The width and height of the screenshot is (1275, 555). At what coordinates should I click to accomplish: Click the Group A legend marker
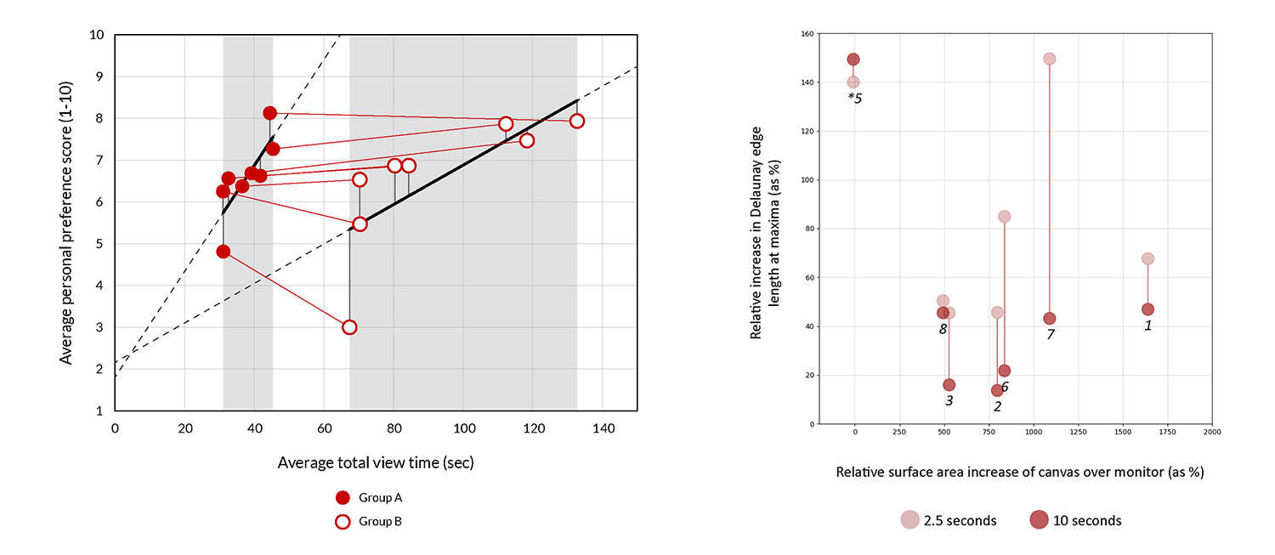coord(343,498)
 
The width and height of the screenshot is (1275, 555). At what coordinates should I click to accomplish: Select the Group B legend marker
coord(343,522)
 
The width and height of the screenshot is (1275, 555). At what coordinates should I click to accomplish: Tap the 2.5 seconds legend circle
coord(910,520)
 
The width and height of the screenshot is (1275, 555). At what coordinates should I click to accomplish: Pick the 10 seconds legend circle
coord(1039,520)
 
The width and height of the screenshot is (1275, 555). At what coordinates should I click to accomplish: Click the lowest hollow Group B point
coord(349,327)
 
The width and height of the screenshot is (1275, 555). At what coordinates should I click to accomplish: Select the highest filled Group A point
coord(270,113)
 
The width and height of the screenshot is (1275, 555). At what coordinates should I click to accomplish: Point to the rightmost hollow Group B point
coord(577,121)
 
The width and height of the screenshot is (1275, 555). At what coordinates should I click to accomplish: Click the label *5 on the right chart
coord(854,98)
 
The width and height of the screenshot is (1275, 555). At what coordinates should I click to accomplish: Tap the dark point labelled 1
coord(1147,309)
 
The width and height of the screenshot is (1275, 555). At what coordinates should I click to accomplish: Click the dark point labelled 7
coord(1050,319)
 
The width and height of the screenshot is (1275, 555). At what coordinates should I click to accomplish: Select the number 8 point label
coord(943,329)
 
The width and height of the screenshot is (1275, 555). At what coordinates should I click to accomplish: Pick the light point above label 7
coord(1050,59)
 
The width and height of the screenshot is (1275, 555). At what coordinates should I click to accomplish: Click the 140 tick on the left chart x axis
coord(603,428)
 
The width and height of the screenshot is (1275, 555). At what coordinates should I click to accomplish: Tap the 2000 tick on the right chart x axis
coord(1212,433)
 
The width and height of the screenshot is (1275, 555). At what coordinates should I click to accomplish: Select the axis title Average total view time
coord(375,463)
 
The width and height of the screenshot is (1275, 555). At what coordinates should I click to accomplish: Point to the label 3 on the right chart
coord(949,400)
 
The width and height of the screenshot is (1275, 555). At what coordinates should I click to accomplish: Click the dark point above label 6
coord(1004,371)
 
